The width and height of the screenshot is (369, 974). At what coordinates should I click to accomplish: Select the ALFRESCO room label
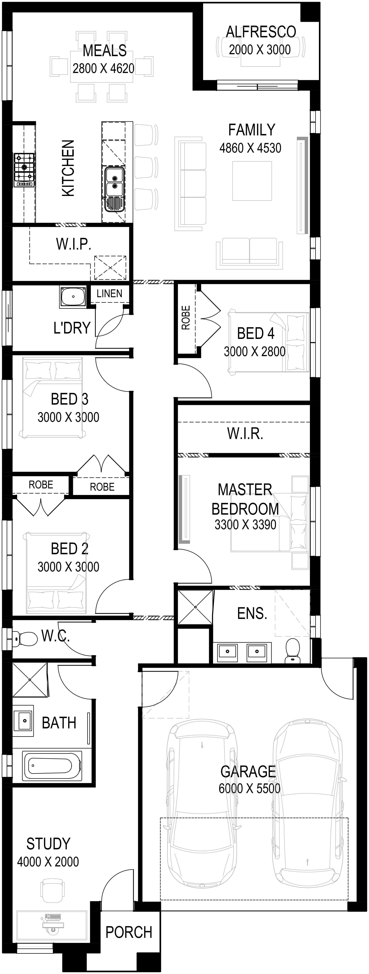(x=261, y=32)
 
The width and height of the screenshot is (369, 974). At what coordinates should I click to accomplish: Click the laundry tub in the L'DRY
(x=73, y=297)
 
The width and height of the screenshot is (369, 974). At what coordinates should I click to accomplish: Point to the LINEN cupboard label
(x=109, y=293)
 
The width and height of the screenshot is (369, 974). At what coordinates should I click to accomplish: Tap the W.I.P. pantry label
(x=74, y=244)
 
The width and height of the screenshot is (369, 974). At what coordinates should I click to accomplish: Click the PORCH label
(x=129, y=932)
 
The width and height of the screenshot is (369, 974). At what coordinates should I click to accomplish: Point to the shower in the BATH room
(x=30, y=679)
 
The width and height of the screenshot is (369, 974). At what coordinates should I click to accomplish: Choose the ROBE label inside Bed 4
(x=185, y=318)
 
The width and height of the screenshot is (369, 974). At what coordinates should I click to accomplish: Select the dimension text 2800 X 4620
(x=103, y=68)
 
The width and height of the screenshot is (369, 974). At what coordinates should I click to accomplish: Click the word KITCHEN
(x=68, y=168)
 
